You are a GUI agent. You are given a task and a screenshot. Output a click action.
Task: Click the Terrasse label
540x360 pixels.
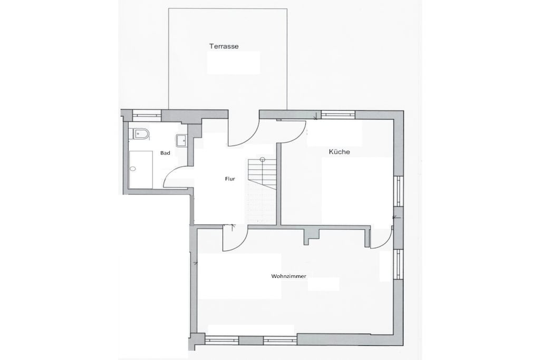[224, 46]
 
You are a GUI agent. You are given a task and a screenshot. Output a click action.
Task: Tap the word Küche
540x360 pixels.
[339, 151]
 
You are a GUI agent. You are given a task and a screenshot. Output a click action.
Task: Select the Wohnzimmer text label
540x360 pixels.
[288, 276]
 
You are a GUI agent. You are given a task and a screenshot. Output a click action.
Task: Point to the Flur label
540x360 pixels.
[230, 179]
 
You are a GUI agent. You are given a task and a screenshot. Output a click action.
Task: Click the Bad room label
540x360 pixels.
[165, 153]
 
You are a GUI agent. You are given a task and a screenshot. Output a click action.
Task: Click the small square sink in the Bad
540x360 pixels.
[181, 140]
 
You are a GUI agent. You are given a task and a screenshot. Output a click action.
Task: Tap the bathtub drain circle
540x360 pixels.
[133, 169]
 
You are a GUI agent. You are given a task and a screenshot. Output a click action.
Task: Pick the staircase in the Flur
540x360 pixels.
[262, 174]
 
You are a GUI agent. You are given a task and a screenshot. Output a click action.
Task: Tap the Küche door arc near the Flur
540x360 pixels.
[297, 137]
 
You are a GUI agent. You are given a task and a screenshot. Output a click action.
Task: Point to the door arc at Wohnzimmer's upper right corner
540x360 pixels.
[385, 241]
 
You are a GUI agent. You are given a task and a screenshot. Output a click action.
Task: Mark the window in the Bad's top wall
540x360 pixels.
[147, 115]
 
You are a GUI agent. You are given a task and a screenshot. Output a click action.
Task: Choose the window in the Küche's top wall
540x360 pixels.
[338, 114]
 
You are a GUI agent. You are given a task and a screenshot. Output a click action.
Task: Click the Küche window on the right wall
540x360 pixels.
[399, 191]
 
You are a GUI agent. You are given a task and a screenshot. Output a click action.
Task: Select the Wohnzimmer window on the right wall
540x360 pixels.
[399, 264]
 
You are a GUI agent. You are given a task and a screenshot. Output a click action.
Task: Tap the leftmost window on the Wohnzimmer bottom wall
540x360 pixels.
[222, 340]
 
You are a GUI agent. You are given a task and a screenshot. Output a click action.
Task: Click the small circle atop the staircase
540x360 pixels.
[263, 159]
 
